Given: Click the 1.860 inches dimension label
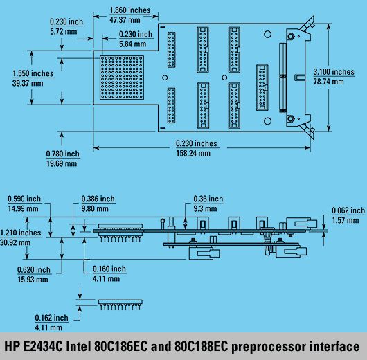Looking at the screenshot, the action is (x=130, y=10).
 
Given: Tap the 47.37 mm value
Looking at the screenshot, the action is (x=125, y=20).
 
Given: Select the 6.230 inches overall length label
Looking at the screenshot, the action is (x=197, y=143).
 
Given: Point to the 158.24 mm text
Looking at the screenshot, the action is (x=193, y=154).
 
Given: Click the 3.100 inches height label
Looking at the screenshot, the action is (x=334, y=72).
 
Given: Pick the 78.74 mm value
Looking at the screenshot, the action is (x=328, y=82).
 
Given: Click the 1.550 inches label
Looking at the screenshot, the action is (x=33, y=73).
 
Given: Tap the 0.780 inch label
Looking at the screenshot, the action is (x=62, y=154).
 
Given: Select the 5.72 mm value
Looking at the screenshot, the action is (x=64, y=32).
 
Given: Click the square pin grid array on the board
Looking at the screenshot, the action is (x=122, y=78).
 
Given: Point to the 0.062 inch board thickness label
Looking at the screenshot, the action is (x=348, y=210).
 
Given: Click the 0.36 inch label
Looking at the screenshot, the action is (x=208, y=199).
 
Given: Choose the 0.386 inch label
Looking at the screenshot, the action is (x=98, y=199).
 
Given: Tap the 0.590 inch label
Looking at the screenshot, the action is (x=24, y=199).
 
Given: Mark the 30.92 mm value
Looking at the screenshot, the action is (x=15, y=243).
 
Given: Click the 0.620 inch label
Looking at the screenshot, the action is (x=34, y=270).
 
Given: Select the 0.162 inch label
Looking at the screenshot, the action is (x=51, y=318).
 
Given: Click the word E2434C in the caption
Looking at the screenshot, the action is (x=44, y=346).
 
